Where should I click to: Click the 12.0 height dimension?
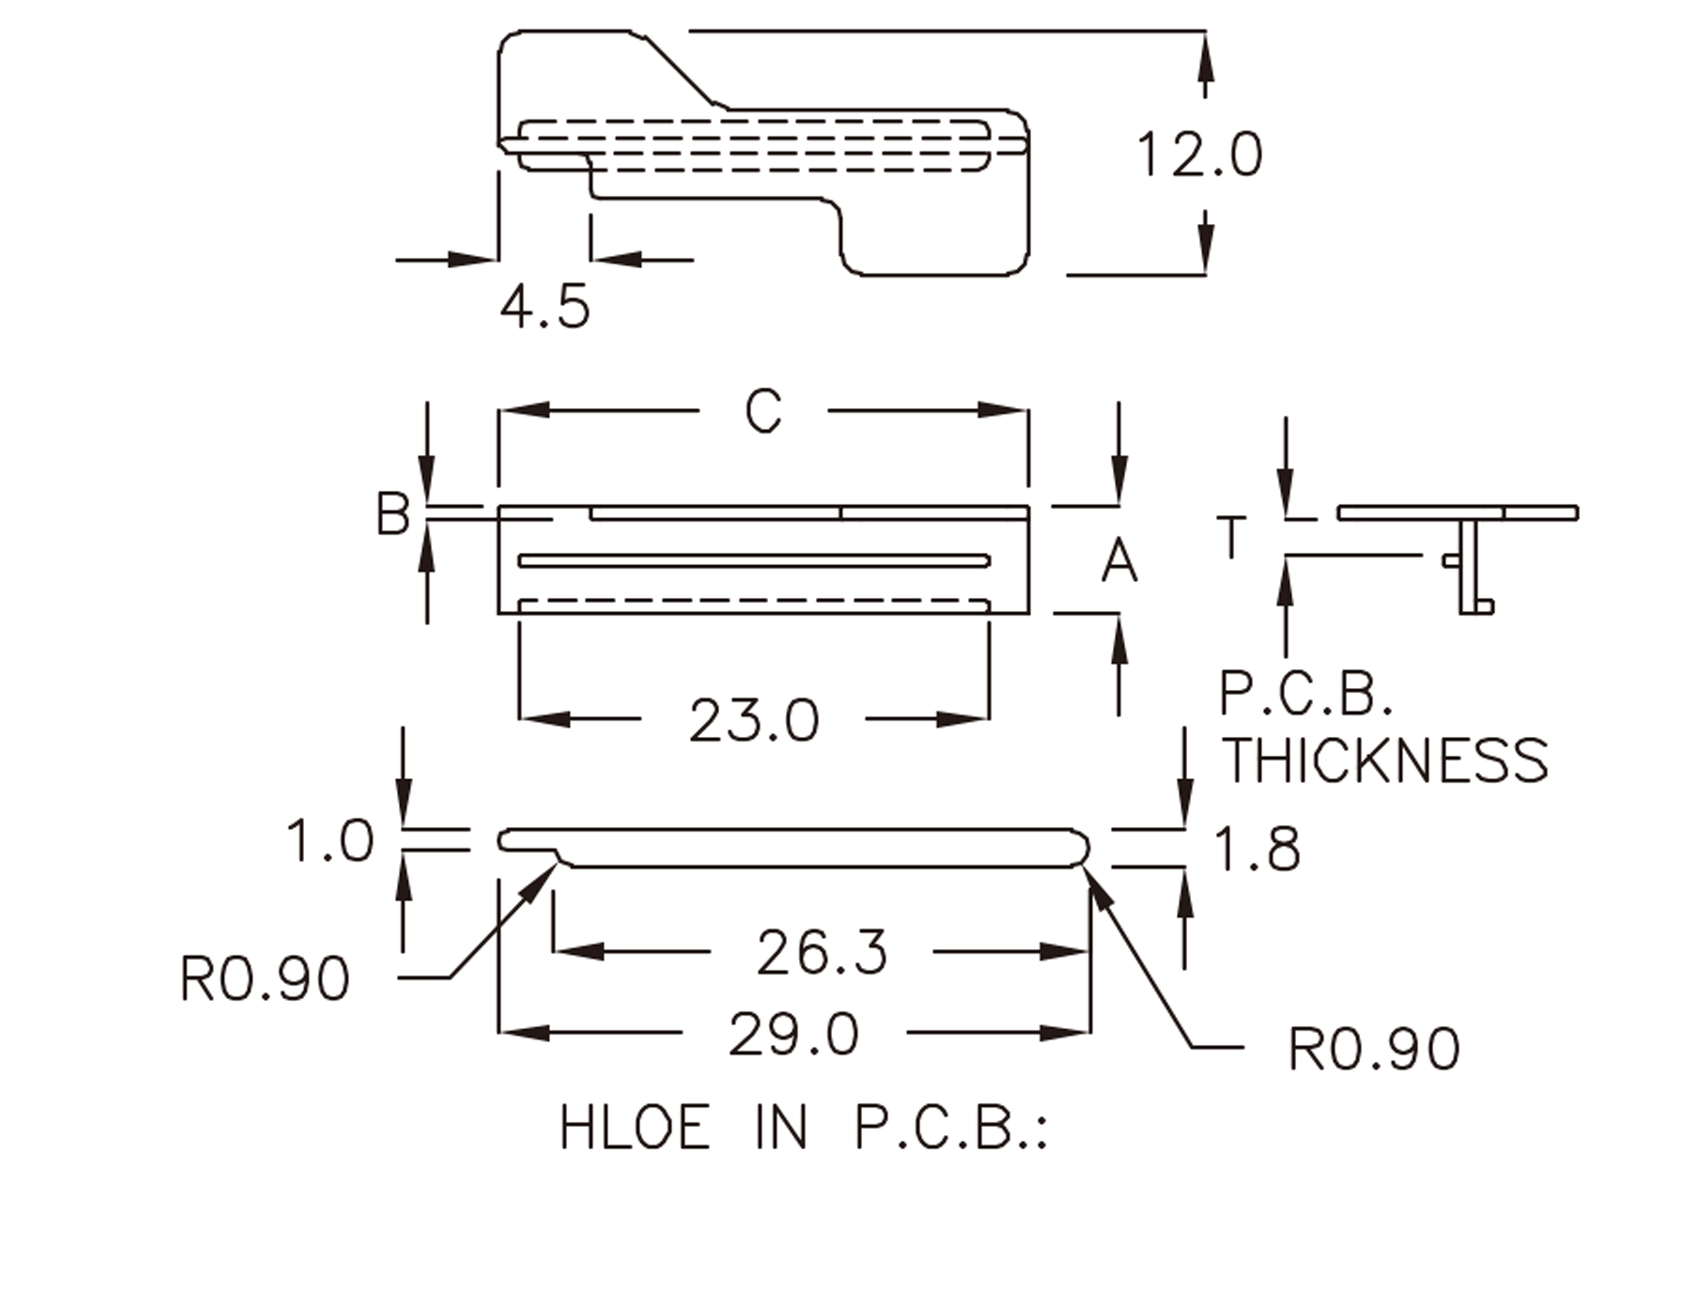[x=1199, y=155]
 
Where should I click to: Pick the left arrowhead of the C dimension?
[x=523, y=410]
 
